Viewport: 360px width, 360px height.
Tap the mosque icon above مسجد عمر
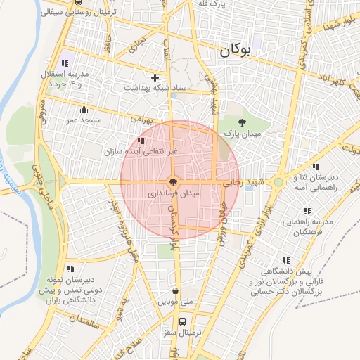[84, 109]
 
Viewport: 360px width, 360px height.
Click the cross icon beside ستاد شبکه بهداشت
[155, 77]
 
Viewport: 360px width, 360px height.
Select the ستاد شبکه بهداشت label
[155, 88]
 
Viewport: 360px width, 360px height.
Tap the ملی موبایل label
[176, 302]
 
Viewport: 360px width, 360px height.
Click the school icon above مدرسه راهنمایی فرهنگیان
[307, 211]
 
